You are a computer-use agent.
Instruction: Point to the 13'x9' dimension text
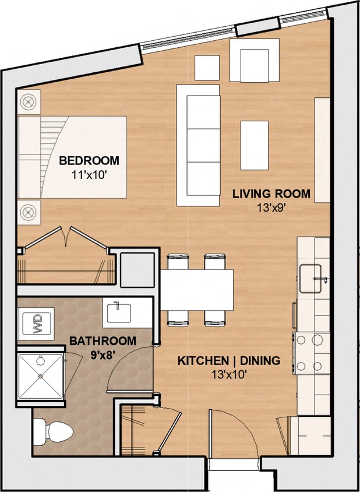click(271, 207)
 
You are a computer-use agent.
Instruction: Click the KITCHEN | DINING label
click(228, 361)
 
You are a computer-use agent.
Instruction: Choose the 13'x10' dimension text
click(228, 375)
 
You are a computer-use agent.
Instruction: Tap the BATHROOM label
click(103, 340)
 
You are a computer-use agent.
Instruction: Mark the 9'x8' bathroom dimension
click(103, 353)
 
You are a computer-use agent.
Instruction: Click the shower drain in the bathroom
click(41, 377)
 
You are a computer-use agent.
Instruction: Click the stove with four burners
click(310, 353)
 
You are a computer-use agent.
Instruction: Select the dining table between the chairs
click(197, 290)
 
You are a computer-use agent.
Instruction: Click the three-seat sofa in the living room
click(199, 145)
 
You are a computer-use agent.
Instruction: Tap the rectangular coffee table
click(255, 145)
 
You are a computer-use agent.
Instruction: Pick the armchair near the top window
click(254, 61)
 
